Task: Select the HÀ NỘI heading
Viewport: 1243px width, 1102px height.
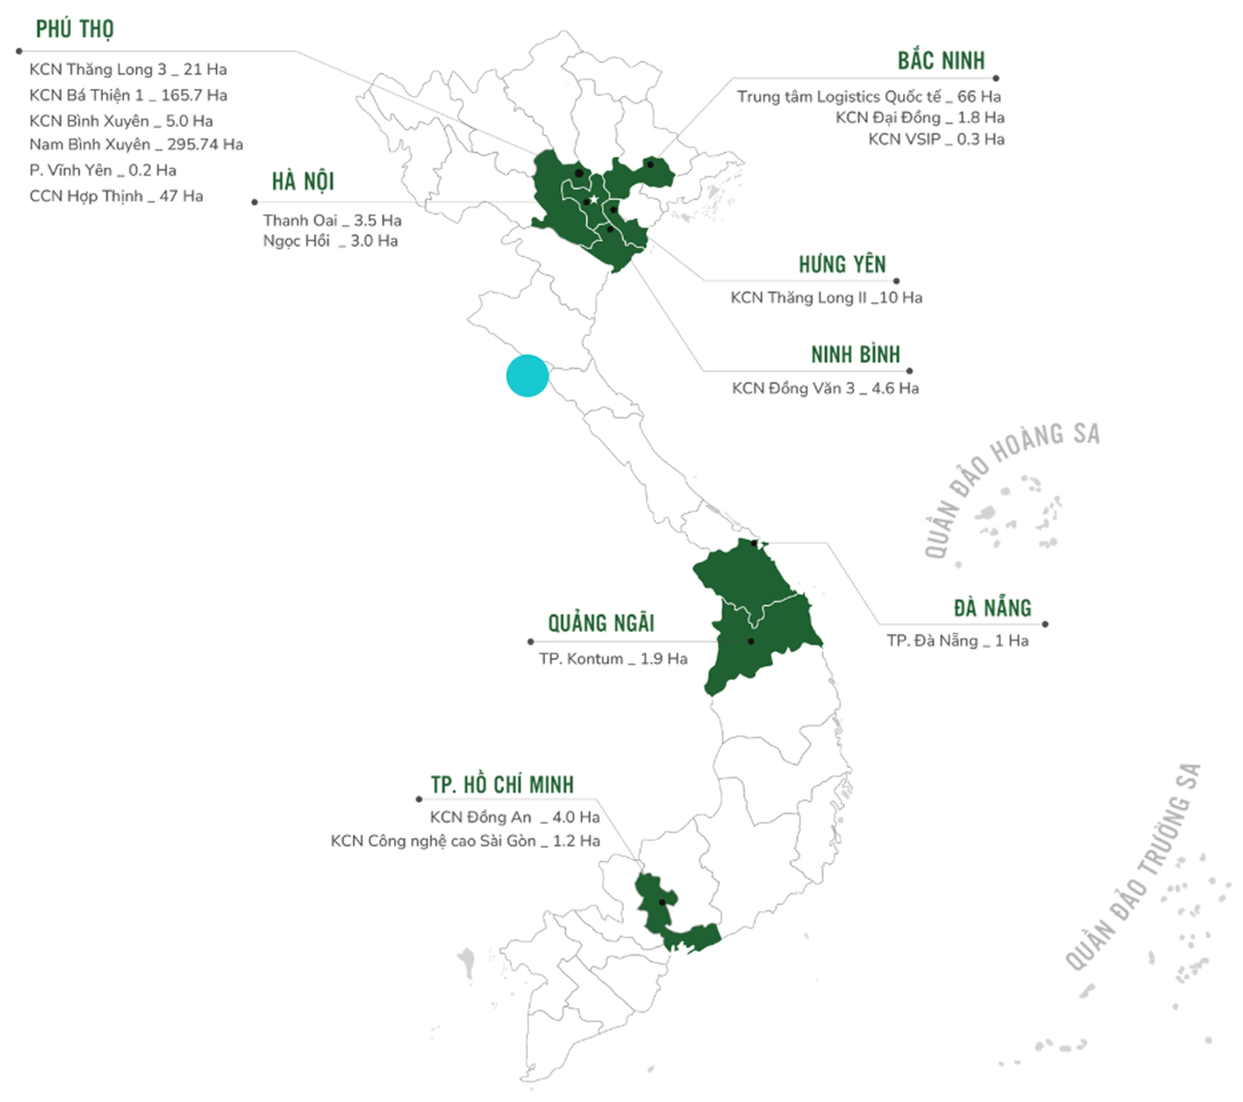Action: click(303, 181)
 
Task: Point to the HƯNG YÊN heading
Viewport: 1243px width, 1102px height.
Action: click(842, 265)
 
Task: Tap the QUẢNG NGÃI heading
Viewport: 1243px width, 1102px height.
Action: click(601, 624)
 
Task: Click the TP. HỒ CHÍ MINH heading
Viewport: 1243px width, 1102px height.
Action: click(502, 785)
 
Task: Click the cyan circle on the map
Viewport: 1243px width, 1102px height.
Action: click(527, 376)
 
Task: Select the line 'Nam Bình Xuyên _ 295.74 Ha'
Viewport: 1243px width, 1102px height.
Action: click(136, 145)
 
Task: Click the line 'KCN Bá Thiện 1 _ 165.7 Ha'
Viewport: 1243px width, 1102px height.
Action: click(128, 95)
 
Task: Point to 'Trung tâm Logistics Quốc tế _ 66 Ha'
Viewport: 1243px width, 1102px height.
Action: click(869, 97)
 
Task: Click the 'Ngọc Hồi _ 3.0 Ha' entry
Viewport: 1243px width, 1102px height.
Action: click(330, 241)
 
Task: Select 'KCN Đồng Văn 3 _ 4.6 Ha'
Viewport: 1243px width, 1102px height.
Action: click(825, 388)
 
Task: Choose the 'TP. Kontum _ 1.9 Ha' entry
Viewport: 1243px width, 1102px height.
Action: click(613, 659)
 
